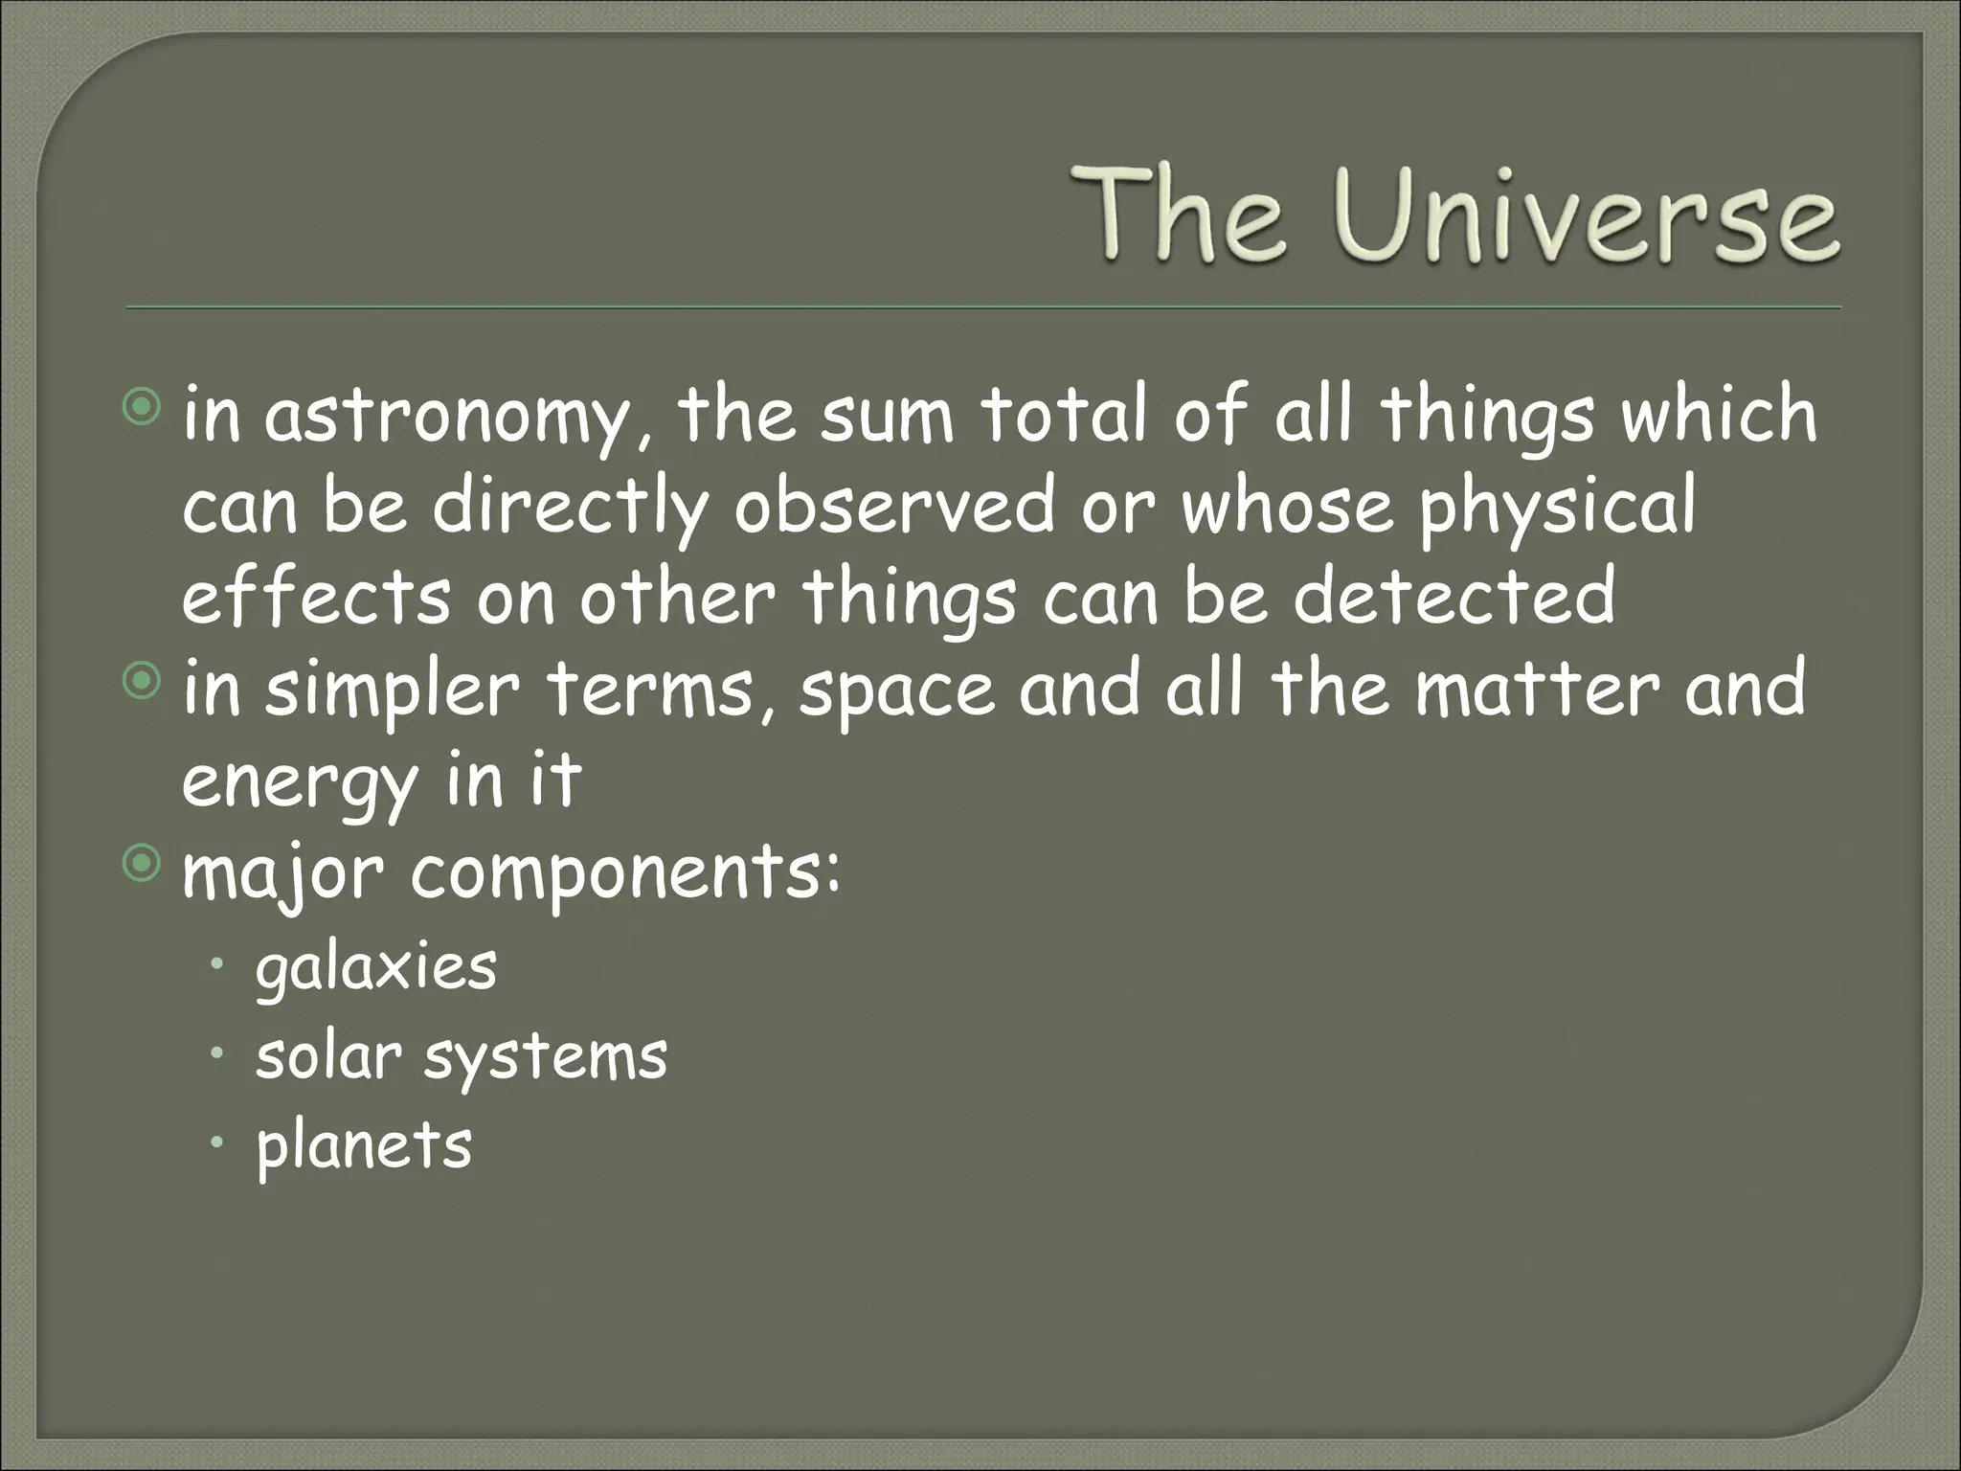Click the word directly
click(x=570, y=508)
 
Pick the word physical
click(x=1557, y=509)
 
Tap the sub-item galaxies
click(x=376, y=967)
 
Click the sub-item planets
click(x=364, y=1146)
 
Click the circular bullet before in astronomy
click(x=143, y=409)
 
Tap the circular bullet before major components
click(x=143, y=865)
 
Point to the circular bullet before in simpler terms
click(x=143, y=682)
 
